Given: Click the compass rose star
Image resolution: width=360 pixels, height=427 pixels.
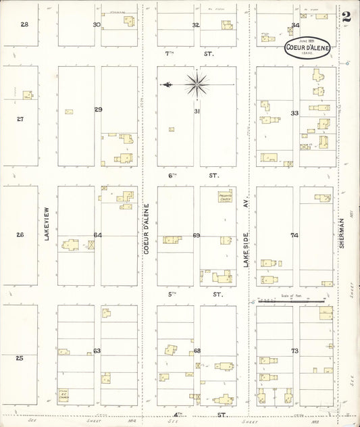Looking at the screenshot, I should click(x=196, y=84).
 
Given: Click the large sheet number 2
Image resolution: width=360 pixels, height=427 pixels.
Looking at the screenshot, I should click(x=346, y=17).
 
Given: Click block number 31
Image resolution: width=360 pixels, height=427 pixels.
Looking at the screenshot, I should click(x=197, y=111).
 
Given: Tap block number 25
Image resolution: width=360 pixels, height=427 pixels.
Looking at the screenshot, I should click(x=20, y=357).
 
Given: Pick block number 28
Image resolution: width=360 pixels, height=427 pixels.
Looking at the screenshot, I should click(x=24, y=24).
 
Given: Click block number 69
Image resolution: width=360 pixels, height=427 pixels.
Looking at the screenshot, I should click(x=197, y=235).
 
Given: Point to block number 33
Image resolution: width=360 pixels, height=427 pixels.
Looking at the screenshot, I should click(x=294, y=113).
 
